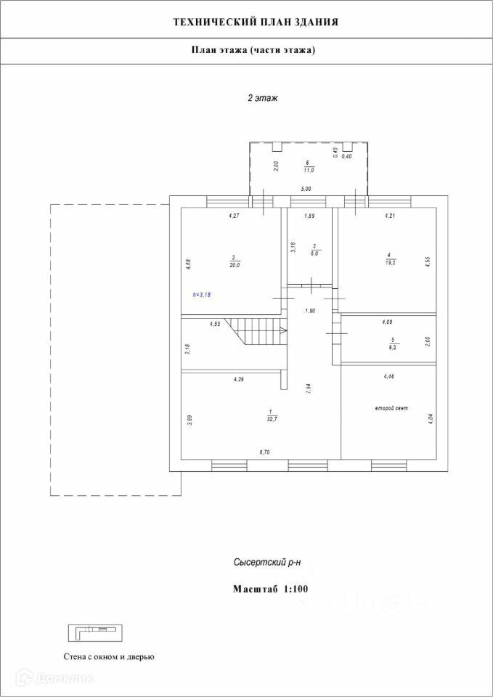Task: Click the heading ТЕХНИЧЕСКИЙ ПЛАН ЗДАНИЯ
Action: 256,23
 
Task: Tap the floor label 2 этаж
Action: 263,97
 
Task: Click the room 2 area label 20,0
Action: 235,266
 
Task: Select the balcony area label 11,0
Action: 308,170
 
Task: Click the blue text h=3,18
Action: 206,295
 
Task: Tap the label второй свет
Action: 391,409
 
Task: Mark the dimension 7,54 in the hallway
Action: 309,387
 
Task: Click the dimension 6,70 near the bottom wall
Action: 264,452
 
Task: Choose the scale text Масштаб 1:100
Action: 271,589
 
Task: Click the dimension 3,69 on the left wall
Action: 190,420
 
